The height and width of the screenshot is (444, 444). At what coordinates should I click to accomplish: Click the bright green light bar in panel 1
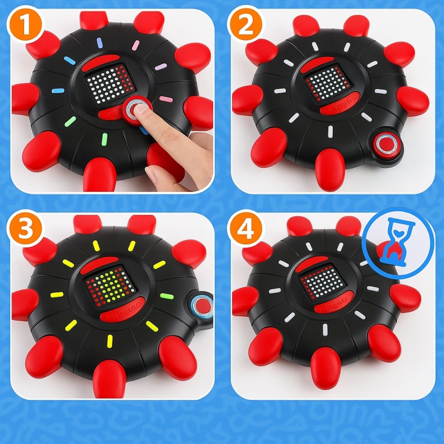point(105,138)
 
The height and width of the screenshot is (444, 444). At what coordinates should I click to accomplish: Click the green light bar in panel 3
point(162,296)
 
